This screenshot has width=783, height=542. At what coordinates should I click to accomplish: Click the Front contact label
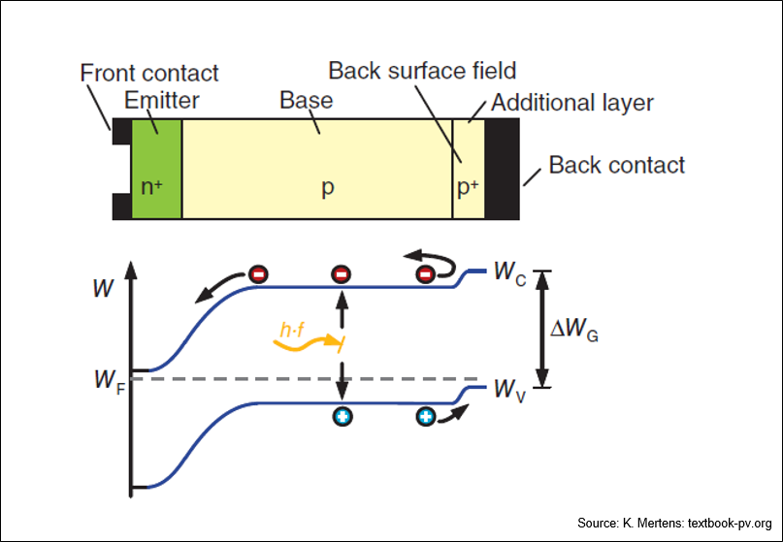[x=149, y=73]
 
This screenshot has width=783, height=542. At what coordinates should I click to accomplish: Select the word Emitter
[x=161, y=100]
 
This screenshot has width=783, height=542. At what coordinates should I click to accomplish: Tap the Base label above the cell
[x=306, y=100]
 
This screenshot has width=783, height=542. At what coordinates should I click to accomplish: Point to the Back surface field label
[x=422, y=71]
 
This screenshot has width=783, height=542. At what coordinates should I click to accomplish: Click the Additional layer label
[x=572, y=103]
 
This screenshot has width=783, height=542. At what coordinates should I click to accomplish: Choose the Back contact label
[x=617, y=165]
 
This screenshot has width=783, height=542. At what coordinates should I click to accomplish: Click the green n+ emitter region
[x=156, y=169]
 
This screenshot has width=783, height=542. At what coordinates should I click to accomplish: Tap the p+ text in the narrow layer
[x=468, y=187]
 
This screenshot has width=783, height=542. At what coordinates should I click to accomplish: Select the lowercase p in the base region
[x=328, y=189]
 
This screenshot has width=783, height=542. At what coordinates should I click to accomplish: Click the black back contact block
[x=502, y=169]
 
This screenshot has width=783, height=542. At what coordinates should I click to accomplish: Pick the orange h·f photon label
[x=293, y=330]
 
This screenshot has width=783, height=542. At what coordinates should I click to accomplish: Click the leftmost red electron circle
[x=259, y=274]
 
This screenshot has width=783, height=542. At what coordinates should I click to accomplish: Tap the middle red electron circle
[x=342, y=274]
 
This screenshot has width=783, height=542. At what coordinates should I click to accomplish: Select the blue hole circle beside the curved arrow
[x=425, y=416]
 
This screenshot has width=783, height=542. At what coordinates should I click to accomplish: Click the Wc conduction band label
[x=509, y=273]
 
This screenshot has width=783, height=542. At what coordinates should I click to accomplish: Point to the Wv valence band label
[x=509, y=390]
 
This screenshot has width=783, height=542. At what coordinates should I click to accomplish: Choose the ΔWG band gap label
[x=573, y=331]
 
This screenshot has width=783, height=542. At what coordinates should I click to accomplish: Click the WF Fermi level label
[x=110, y=381]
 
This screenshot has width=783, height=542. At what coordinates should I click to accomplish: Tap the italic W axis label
[x=104, y=289]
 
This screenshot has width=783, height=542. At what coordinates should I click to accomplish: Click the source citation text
[x=674, y=523]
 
